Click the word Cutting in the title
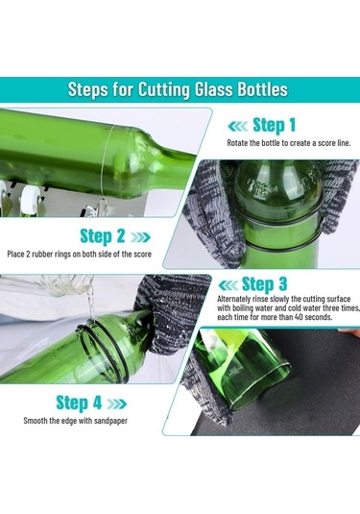[164, 89]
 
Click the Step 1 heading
[275, 126]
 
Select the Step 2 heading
[103, 236]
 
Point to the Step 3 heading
[264, 283]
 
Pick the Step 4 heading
[79, 403]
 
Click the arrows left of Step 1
[238, 126]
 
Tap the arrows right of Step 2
[140, 237]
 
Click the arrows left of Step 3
[228, 285]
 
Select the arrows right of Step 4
[116, 404]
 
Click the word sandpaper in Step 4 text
[110, 421]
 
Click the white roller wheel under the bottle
[31, 198]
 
